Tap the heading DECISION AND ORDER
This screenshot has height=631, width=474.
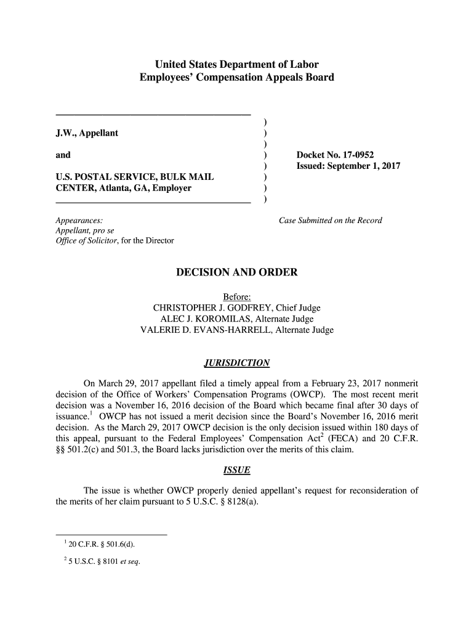coord(237,272)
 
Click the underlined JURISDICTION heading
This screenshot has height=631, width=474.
coord(236,362)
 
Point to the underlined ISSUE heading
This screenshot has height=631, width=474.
coord(236,471)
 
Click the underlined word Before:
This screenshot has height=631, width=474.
coord(236,296)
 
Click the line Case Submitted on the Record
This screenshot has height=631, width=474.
coord(331,220)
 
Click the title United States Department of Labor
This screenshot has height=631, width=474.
coord(236,65)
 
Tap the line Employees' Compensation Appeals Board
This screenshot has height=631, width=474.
coord(236,78)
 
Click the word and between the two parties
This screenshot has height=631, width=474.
coord(63,155)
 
